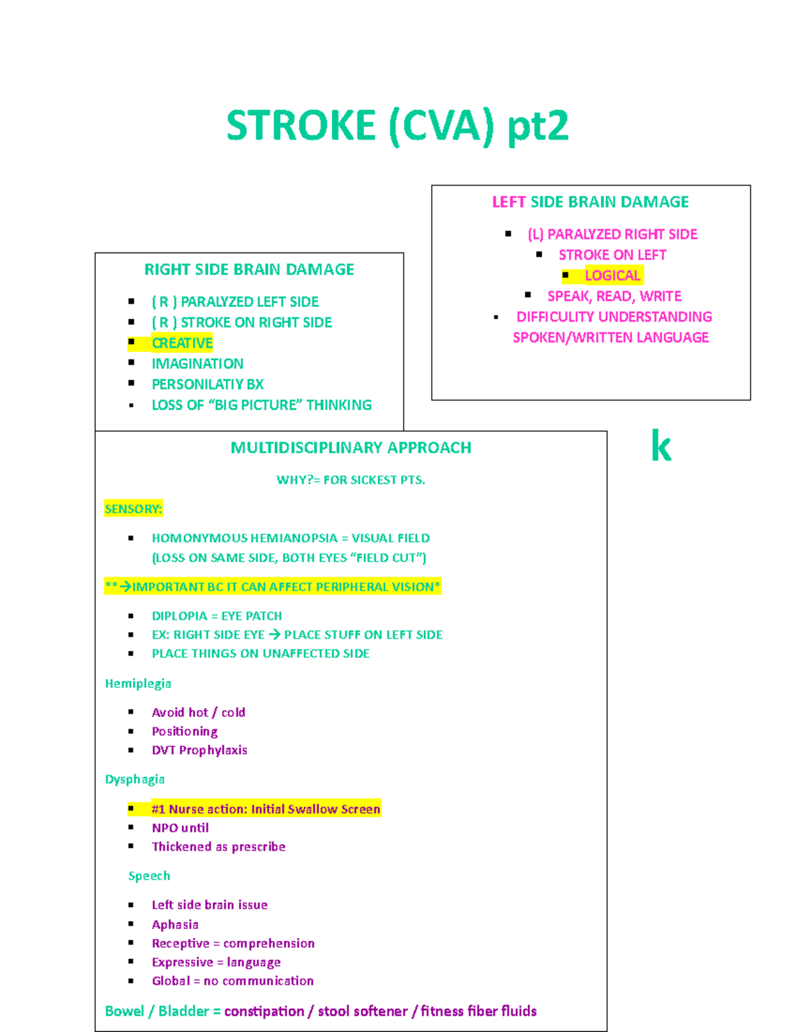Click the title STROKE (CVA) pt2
pyautogui.click(x=397, y=126)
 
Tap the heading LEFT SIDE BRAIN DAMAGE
pyautogui.click(x=590, y=202)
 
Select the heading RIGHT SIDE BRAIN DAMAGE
pyautogui.click(x=249, y=270)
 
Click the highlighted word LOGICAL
pyautogui.click(x=612, y=276)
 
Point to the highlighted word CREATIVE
pyautogui.click(x=182, y=344)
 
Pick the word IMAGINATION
pyautogui.click(x=197, y=364)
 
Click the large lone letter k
pyautogui.click(x=661, y=447)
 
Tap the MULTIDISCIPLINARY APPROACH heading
pyautogui.click(x=351, y=448)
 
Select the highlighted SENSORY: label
pyautogui.click(x=133, y=509)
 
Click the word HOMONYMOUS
pyautogui.click(x=195, y=538)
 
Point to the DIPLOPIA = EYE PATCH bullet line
pyautogui.click(x=217, y=616)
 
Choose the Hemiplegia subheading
pyautogui.click(x=138, y=684)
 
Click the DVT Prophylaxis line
pyautogui.click(x=199, y=750)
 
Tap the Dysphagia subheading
pyautogui.click(x=135, y=779)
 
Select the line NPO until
pyautogui.click(x=180, y=828)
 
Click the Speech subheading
pyautogui.click(x=149, y=876)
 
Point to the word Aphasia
pyautogui.click(x=175, y=924)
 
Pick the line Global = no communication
pyautogui.click(x=232, y=981)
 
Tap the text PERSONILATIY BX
pyautogui.click(x=207, y=385)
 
